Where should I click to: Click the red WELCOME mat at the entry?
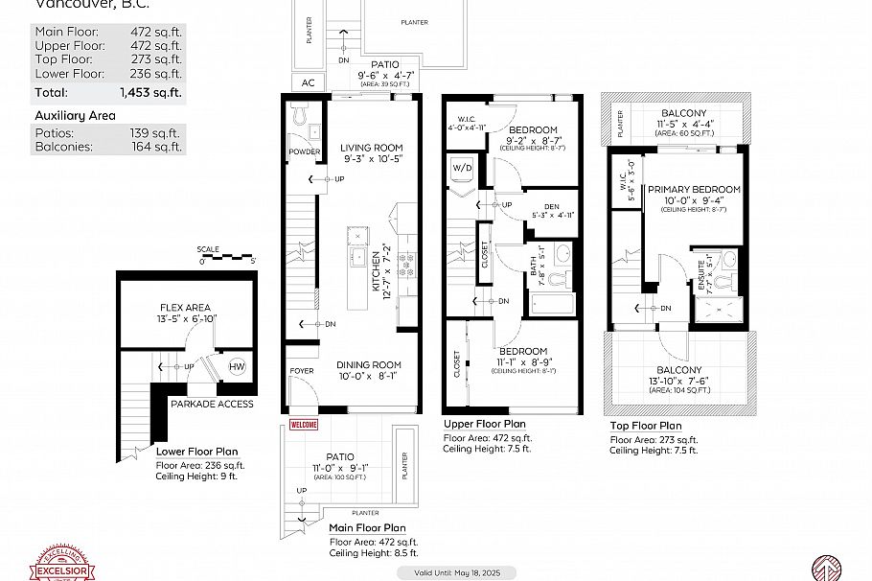click(x=303, y=425)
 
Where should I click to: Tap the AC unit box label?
click(x=309, y=82)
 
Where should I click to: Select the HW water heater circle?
click(x=237, y=367)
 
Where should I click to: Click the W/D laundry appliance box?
click(x=462, y=170)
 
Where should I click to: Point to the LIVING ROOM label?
click(x=371, y=148)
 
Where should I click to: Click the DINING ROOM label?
click(x=369, y=365)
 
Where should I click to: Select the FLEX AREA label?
click(x=185, y=308)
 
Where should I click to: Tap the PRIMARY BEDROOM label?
click(x=694, y=190)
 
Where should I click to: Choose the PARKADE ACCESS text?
click(x=212, y=404)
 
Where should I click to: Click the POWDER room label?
click(x=304, y=151)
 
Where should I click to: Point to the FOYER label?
click(x=301, y=370)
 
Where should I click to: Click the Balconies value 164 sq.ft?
click(x=156, y=147)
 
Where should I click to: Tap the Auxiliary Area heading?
click(x=75, y=116)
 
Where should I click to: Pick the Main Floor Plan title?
click(x=367, y=528)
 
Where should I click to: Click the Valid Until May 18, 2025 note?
click(x=456, y=572)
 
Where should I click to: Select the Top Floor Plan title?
click(x=646, y=426)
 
